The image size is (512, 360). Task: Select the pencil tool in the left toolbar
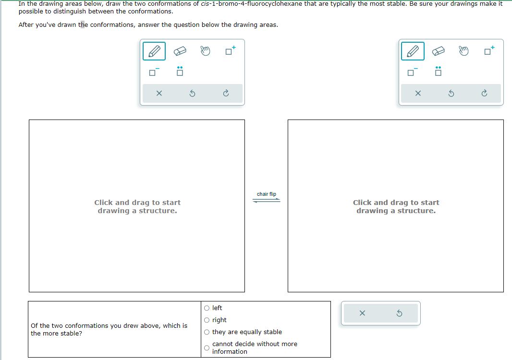click(154, 51)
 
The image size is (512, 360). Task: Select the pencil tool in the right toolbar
click(413, 51)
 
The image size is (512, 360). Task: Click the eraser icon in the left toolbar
click(179, 51)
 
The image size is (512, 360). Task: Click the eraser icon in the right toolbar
click(438, 51)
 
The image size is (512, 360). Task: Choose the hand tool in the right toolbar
click(463, 51)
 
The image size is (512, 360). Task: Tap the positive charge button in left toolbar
click(231, 51)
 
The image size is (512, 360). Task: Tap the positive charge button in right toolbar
click(489, 51)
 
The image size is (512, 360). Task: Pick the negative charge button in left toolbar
click(154, 72)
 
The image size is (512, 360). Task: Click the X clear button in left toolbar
click(159, 94)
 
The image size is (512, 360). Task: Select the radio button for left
click(207, 308)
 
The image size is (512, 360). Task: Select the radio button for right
click(207, 320)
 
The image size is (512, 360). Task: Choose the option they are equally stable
click(207, 332)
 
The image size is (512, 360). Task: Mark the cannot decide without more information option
click(207, 348)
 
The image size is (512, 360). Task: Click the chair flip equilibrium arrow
click(267, 201)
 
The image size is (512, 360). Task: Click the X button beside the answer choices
click(362, 313)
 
